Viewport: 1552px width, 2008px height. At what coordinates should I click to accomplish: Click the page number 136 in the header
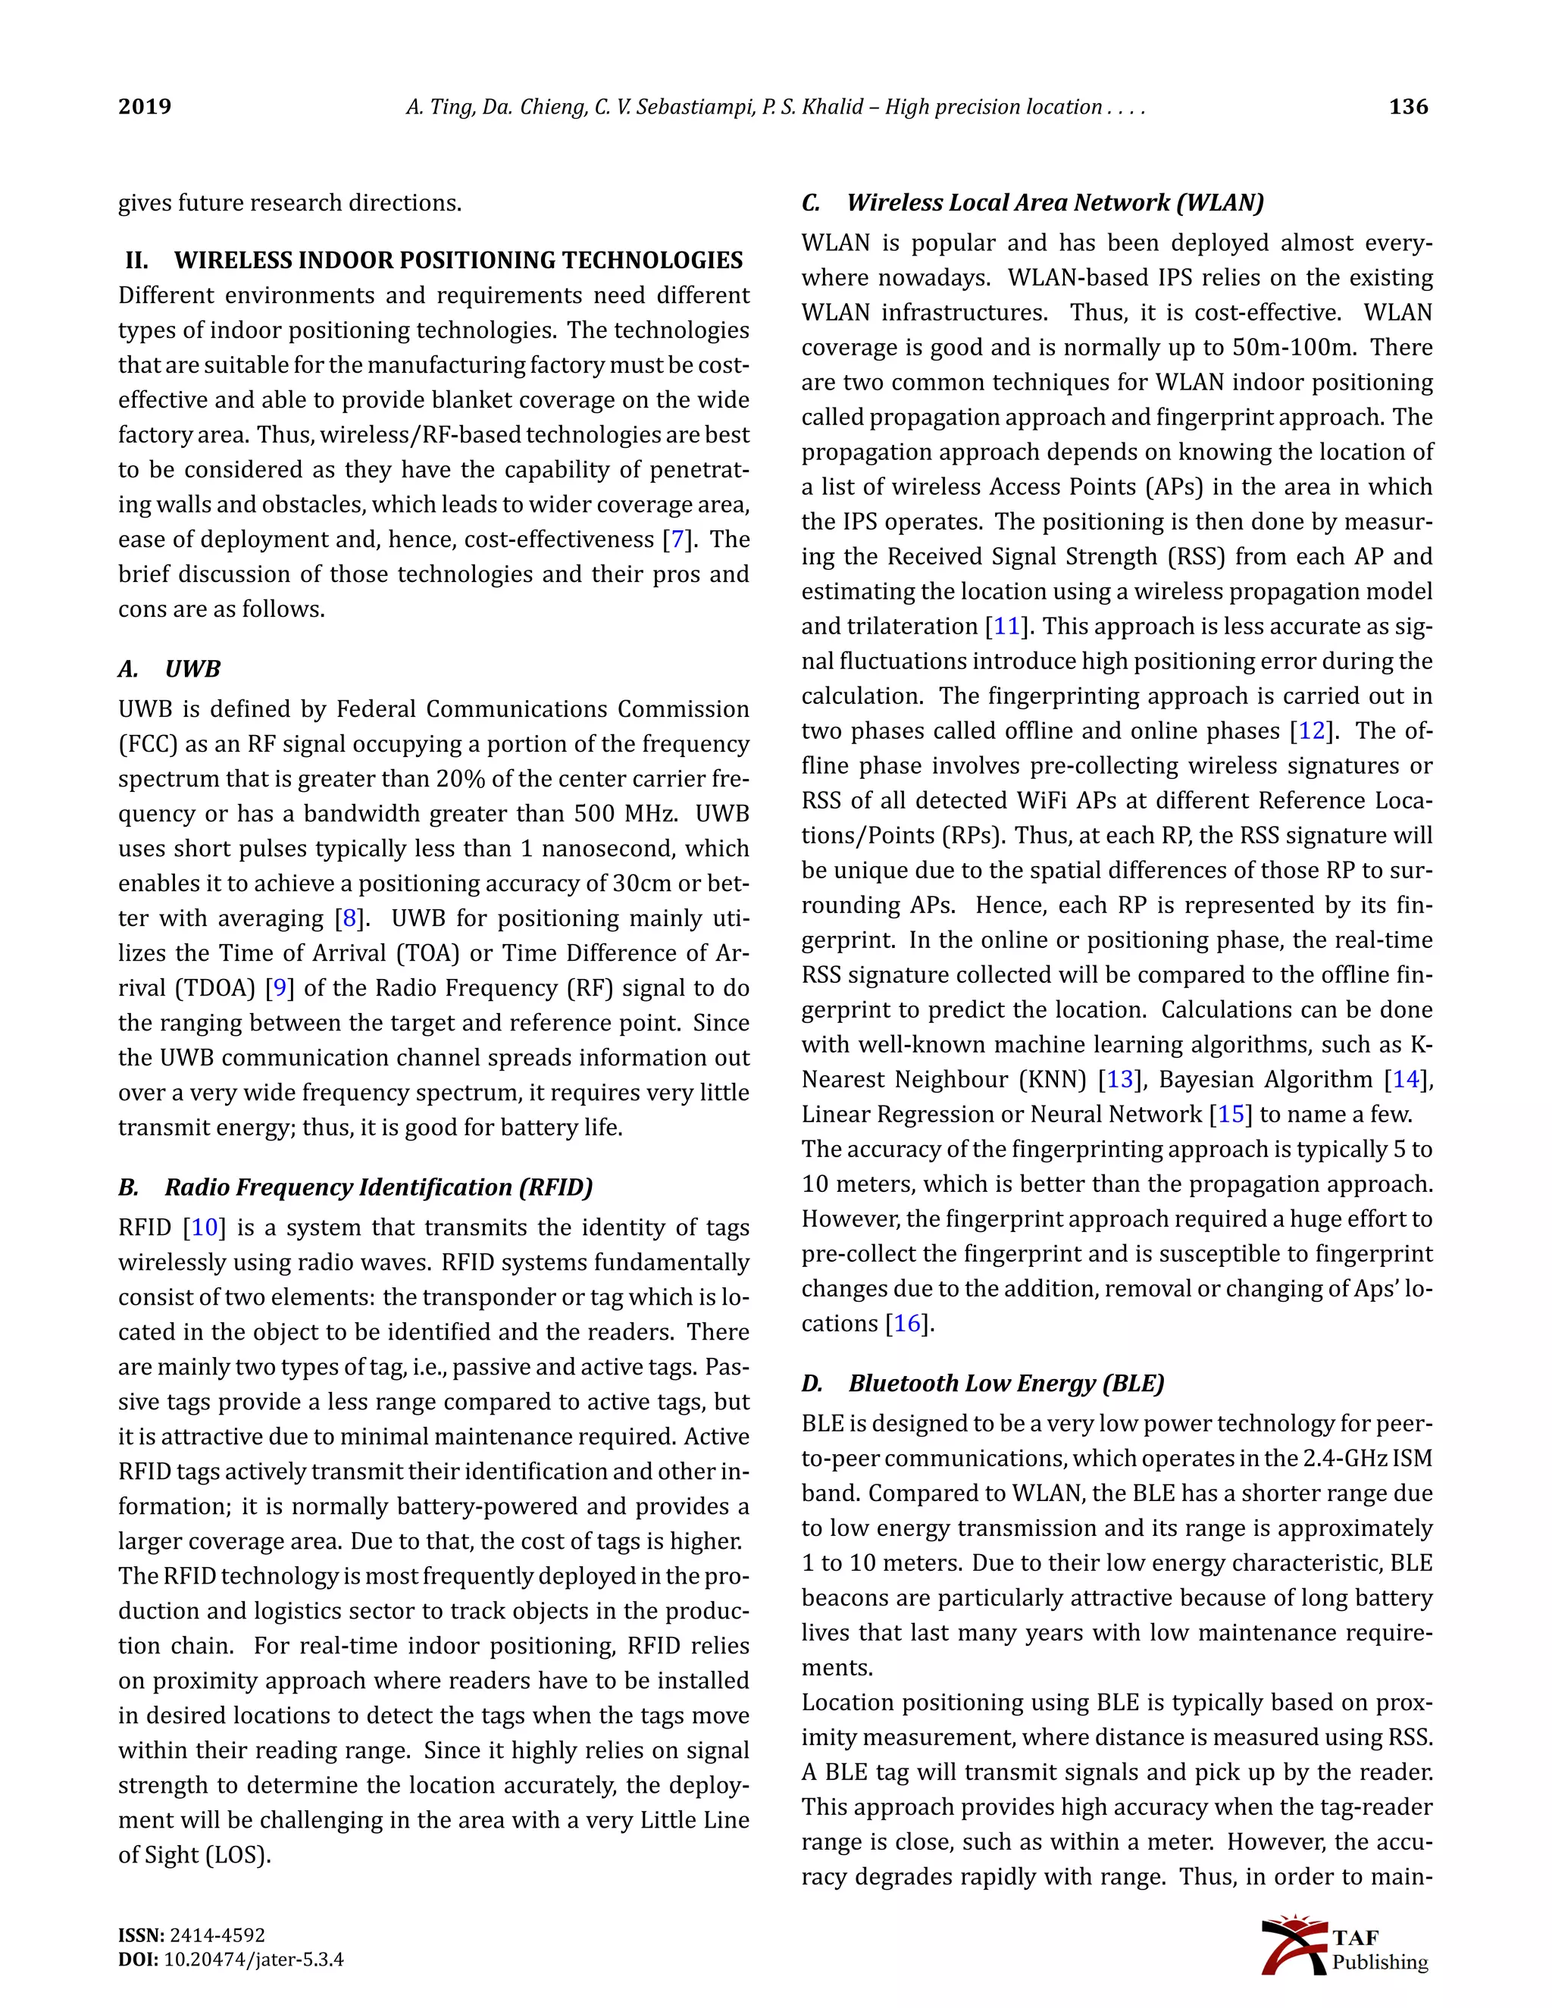(x=1408, y=107)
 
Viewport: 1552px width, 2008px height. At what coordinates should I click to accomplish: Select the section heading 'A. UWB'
(x=169, y=668)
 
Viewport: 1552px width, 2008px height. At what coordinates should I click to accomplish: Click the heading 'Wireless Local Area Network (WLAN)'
(x=1055, y=202)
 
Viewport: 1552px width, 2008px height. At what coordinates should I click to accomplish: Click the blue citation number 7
(x=677, y=540)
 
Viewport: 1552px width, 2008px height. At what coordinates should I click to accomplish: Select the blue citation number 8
(x=349, y=918)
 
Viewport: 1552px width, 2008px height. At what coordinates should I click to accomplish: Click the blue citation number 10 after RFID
(x=204, y=1228)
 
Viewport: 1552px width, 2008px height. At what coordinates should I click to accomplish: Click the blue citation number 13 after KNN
(x=1120, y=1079)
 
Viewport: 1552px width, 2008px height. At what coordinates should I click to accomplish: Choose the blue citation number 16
(x=906, y=1323)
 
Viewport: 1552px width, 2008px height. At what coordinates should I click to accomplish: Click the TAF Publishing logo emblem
(x=1294, y=1944)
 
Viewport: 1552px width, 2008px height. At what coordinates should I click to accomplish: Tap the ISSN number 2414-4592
(x=217, y=1935)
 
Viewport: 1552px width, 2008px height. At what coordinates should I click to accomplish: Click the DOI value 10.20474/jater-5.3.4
(x=254, y=1960)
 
